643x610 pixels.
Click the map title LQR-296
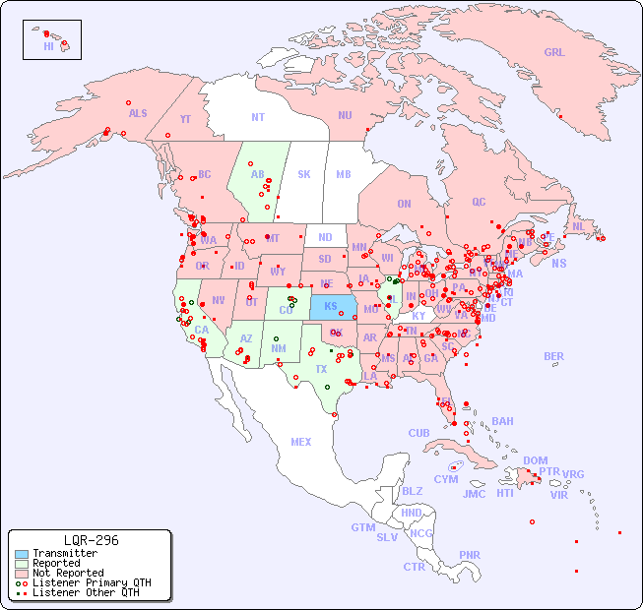pos(91,540)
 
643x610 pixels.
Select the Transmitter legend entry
pos(64,553)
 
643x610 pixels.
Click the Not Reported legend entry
pos(67,573)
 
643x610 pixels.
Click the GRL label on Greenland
pos(554,53)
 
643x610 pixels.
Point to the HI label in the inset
pos(48,46)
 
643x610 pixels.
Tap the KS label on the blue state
pos(330,306)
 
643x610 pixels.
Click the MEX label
pos(301,442)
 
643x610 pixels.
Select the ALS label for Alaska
pos(138,113)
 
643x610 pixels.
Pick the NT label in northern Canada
pos(258,116)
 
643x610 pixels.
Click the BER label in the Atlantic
pos(553,356)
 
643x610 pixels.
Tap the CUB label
pos(419,433)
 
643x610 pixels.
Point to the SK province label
pos(304,174)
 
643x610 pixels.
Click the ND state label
pos(325,237)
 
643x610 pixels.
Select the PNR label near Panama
pos(470,555)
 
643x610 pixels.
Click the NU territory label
pos(345,115)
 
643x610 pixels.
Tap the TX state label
pos(321,369)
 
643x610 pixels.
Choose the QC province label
pos(479,202)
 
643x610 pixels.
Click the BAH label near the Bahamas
pos(502,421)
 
